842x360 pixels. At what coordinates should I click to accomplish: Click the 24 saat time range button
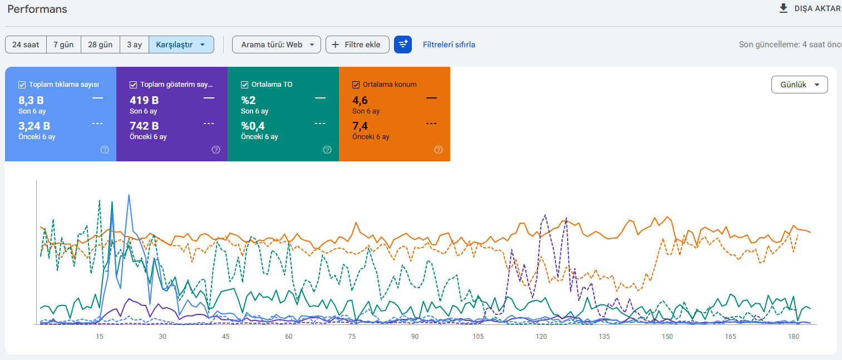tap(26, 45)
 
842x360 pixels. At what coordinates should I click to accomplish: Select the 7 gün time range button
tap(63, 45)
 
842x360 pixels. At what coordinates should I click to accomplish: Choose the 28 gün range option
tap(101, 45)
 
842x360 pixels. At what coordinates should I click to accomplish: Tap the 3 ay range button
tap(134, 45)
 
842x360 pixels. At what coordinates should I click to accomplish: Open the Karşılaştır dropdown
tap(181, 45)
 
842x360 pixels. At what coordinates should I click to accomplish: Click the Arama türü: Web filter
tap(277, 45)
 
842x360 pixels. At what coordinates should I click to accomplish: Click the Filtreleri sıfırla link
tap(449, 45)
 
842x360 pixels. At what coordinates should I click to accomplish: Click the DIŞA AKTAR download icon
tap(783, 8)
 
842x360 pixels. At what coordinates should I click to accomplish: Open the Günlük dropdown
tap(799, 85)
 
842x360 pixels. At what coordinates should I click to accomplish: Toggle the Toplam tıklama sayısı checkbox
tap(22, 85)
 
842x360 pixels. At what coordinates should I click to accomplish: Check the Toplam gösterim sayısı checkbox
tap(134, 85)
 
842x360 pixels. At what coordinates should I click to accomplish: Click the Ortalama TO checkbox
tap(245, 85)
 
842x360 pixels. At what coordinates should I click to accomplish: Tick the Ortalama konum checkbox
tap(356, 85)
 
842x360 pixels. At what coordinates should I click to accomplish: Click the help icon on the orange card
tap(439, 150)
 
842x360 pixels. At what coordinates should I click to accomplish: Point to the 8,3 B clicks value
tap(31, 101)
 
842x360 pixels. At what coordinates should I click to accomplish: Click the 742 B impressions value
tap(144, 126)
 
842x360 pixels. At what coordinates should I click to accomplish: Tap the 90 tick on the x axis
tap(415, 337)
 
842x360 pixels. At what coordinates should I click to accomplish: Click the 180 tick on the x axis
tap(794, 337)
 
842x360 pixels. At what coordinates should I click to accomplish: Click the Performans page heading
tap(37, 9)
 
